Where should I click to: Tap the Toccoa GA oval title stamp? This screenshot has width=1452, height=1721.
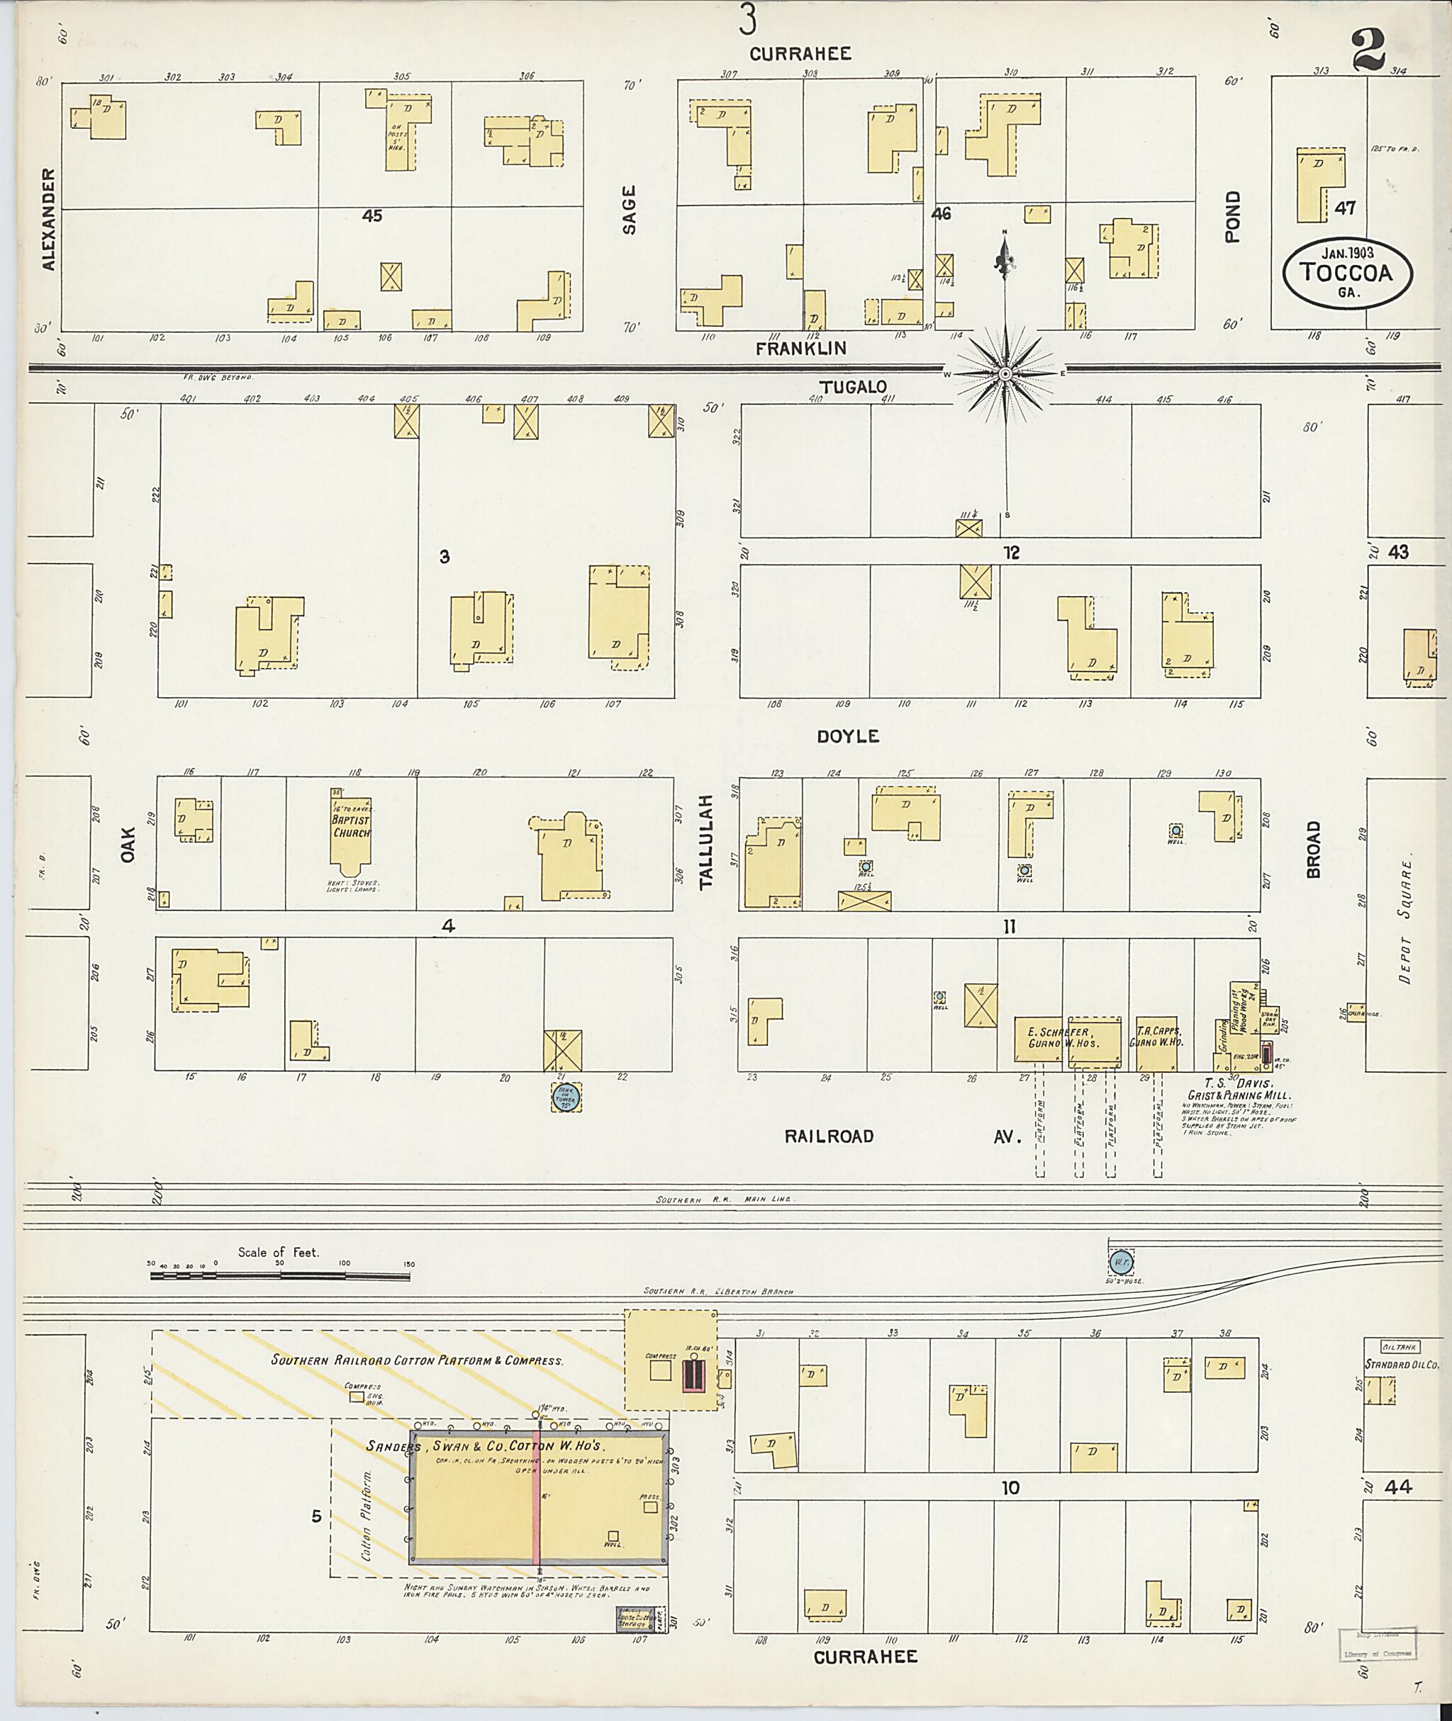click(x=1348, y=272)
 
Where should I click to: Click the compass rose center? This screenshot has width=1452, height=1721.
click(x=1005, y=374)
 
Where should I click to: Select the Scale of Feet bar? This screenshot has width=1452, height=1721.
click(x=280, y=1276)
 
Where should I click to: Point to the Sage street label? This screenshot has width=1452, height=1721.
click(x=630, y=210)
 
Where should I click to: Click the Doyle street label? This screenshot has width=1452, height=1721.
click(x=848, y=736)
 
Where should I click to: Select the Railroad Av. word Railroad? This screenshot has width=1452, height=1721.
click(x=828, y=1136)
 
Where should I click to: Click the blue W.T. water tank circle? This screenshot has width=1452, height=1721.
click(x=1120, y=1262)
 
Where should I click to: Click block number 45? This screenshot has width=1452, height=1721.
click(x=372, y=216)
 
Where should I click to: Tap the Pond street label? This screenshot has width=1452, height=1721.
click(x=1232, y=216)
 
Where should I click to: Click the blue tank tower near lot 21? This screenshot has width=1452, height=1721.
click(x=566, y=1097)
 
